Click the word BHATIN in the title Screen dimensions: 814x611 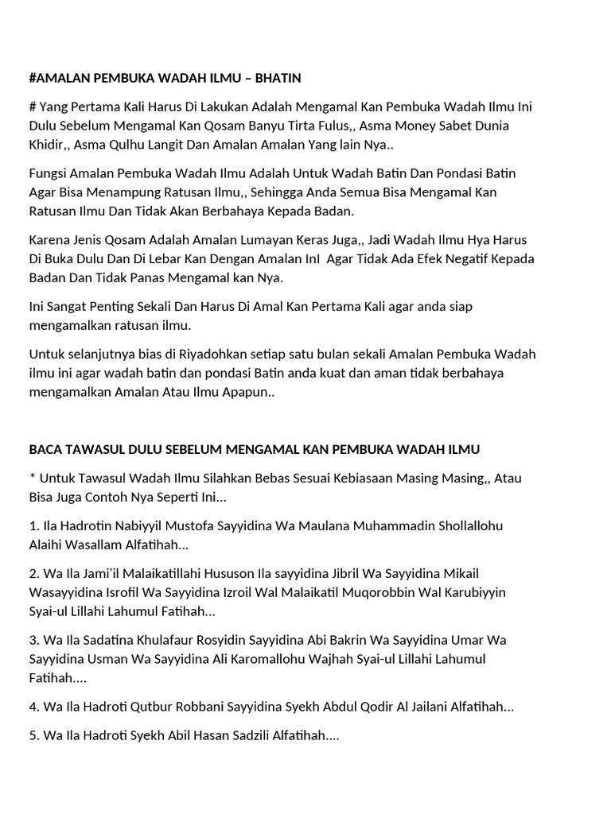coord(277,78)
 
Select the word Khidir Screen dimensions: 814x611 coord(49,145)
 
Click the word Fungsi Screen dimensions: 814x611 coord(49,173)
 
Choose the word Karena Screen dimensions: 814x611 coord(49,240)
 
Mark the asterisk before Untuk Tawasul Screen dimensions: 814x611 coord(32,477)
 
